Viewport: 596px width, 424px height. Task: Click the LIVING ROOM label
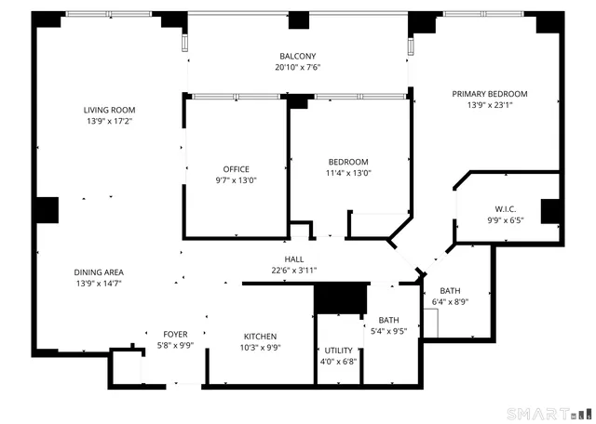click(x=110, y=110)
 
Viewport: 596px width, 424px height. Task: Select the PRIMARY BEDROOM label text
click(x=490, y=94)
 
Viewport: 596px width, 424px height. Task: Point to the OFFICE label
click(x=236, y=169)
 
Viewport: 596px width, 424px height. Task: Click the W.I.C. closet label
click(x=507, y=208)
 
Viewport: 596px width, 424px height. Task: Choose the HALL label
click(x=294, y=259)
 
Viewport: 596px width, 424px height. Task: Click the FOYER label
click(x=175, y=335)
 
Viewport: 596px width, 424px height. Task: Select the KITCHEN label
click(x=261, y=337)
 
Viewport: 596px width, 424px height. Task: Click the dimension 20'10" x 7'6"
click(x=298, y=67)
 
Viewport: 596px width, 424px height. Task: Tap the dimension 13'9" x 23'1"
click(x=490, y=105)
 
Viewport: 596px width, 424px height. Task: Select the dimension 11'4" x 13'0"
click(x=347, y=173)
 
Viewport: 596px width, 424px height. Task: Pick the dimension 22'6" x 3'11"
click(x=294, y=271)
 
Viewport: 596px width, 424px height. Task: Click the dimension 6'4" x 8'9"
click(x=450, y=301)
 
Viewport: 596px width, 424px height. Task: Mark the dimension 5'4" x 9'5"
click(x=389, y=331)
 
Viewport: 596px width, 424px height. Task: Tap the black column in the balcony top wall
click(x=298, y=20)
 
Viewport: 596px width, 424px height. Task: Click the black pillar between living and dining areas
click(x=45, y=210)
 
